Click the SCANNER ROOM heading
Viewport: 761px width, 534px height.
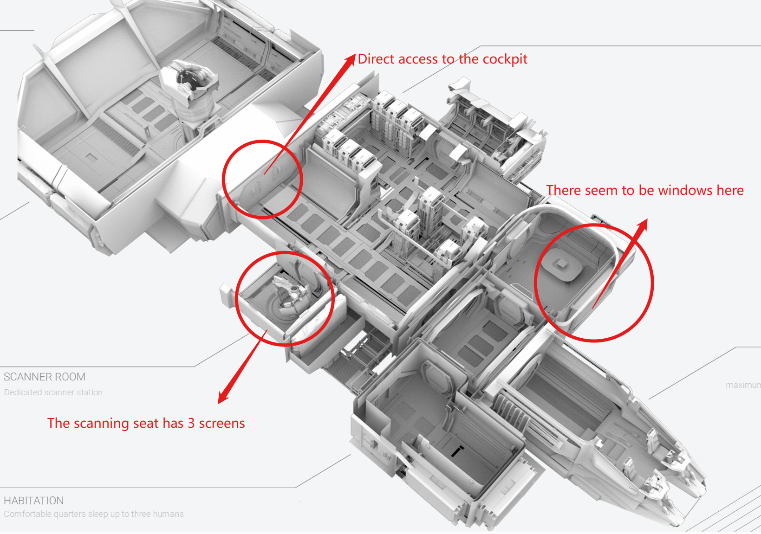(x=45, y=377)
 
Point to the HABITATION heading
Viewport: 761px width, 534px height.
(x=33, y=501)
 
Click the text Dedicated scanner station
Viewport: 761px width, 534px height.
(x=53, y=392)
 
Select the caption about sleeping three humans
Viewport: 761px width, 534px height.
(x=94, y=514)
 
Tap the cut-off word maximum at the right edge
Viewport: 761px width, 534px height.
(x=743, y=385)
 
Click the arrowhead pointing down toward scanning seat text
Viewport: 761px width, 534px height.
(x=223, y=398)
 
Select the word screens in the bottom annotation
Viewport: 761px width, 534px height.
(x=221, y=423)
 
